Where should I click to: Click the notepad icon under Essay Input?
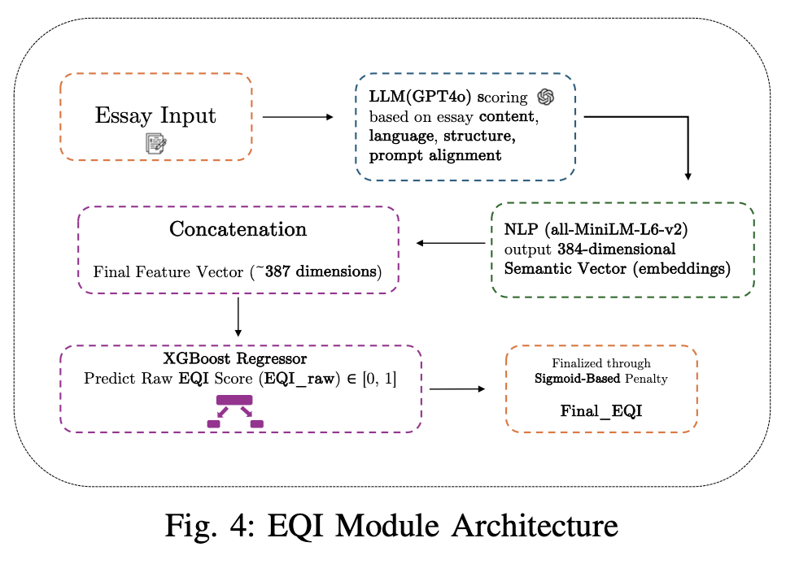point(156,144)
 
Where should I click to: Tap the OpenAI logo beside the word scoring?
point(545,97)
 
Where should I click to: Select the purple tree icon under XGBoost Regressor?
point(235,411)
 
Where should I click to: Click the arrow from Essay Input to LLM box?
point(298,117)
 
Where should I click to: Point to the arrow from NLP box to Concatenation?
point(451,242)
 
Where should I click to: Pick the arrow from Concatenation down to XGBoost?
point(238,316)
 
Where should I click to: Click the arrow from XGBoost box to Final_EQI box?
point(458,389)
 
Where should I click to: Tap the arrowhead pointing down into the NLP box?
point(688,174)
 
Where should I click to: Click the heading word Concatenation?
point(238,229)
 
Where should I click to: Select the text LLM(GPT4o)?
point(420,98)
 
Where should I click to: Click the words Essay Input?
point(155,115)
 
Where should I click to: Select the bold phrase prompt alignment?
point(434,154)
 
